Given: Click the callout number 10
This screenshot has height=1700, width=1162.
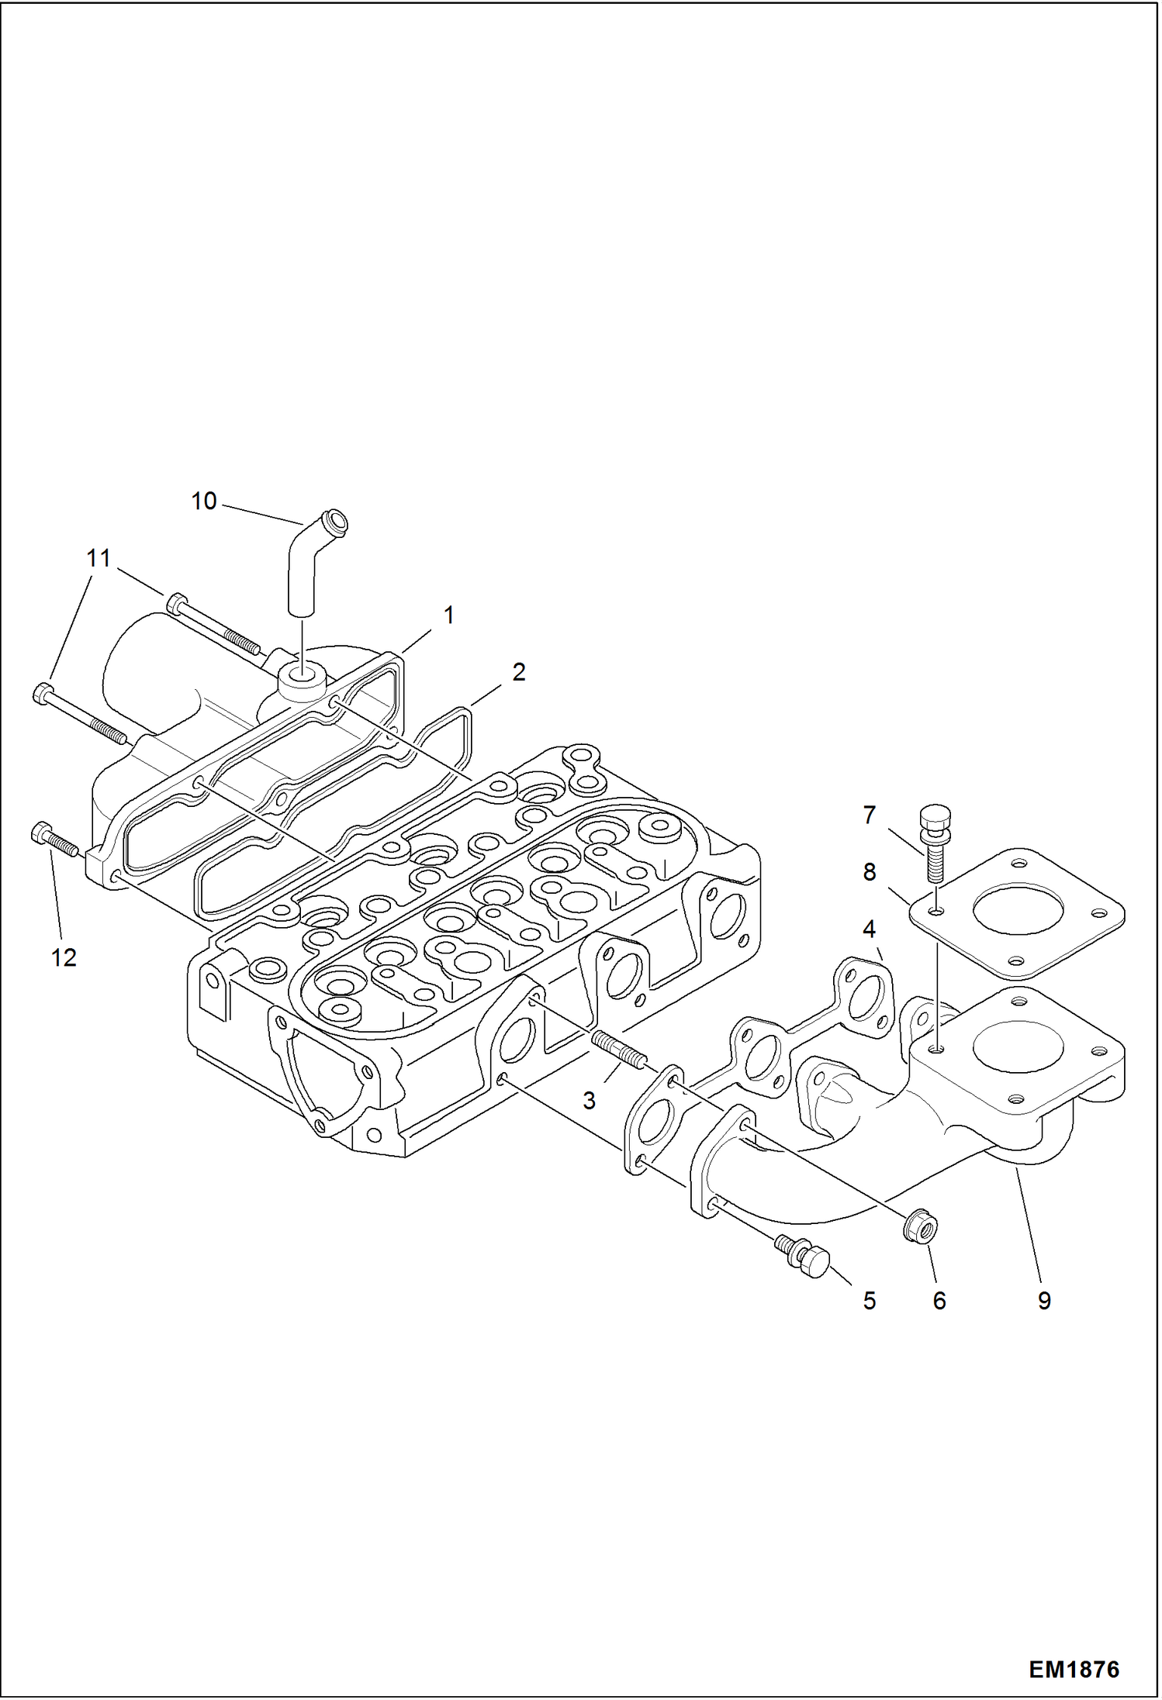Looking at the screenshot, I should pyautogui.click(x=204, y=502).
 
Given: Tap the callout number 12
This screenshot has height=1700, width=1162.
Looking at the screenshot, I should pyautogui.click(x=64, y=958).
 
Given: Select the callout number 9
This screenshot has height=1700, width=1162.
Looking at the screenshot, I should pyautogui.click(x=1044, y=1300).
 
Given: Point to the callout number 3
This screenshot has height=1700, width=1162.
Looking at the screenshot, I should pyautogui.click(x=589, y=1100).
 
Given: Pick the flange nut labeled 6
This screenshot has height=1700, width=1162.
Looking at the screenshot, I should pyautogui.click(x=921, y=1229).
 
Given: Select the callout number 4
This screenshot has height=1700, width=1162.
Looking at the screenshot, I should pyautogui.click(x=869, y=928).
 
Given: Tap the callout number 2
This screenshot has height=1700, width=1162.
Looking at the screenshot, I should pyautogui.click(x=518, y=672).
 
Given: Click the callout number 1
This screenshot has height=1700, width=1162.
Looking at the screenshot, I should pyautogui.click(x=448, y=616).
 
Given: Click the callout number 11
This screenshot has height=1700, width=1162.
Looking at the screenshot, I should pyautogui.click(x=99, y=558).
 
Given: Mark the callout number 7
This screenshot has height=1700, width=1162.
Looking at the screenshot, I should pyautogui.click(x=869, y=815).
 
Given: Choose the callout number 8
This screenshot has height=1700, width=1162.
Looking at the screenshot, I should pyautogui.click(x=869, y=872).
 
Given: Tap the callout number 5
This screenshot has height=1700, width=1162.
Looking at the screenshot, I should pyautogui.click(x=869, y=1300).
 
